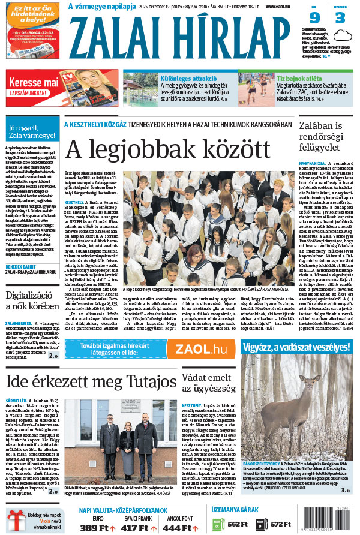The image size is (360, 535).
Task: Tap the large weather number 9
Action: point(314,18)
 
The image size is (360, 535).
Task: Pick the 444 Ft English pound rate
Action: point(176,527)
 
